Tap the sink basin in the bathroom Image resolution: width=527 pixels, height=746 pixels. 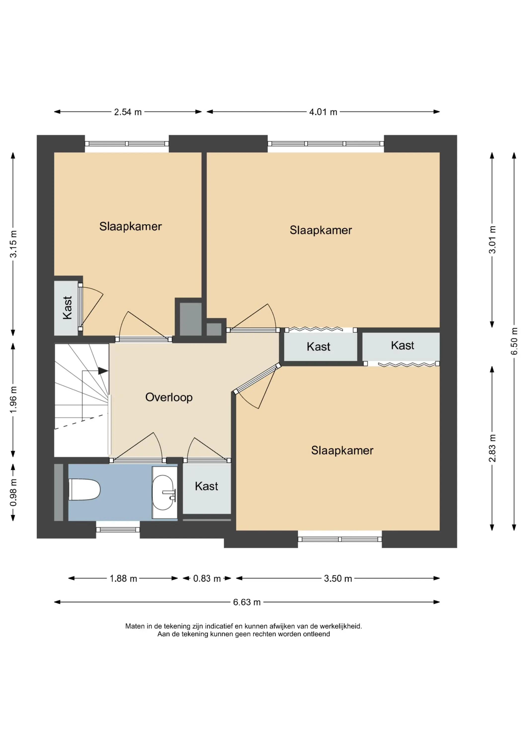[163, 493]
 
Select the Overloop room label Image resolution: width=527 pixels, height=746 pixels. [169, 397]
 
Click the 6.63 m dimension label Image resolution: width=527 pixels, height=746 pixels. [247, 602]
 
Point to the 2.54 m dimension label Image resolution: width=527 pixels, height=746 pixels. [128, 112]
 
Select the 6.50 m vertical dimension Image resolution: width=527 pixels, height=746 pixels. [514, 341]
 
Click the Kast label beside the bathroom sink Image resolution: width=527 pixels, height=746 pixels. [206, 486]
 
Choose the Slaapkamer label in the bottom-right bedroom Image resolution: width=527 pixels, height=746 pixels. [342, 450]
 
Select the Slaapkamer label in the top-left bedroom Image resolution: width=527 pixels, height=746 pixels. [130, 227]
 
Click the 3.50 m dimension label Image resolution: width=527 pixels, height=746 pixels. [338, 578]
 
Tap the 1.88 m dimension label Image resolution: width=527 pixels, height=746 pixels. [123, 578]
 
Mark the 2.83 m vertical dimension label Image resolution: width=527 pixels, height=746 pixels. [492, 448]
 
